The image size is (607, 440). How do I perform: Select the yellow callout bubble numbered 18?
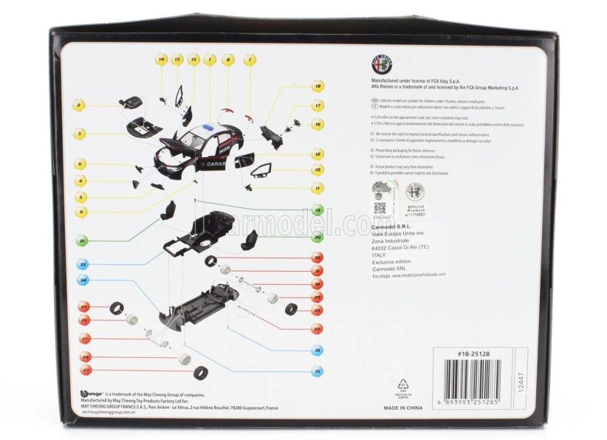click(318, 86)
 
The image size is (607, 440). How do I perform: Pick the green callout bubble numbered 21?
click(83, 241)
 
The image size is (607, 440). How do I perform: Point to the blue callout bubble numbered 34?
click(83, 281)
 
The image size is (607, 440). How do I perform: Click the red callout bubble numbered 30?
click(318, 258)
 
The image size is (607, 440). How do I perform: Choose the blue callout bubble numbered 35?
click(318, 371)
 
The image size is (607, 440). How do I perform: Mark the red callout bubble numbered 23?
click(85, 370)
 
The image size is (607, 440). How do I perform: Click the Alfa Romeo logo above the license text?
click(382, 64)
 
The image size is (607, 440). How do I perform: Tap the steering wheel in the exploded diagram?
click(297, 122)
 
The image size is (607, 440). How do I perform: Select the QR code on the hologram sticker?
click(380, 207)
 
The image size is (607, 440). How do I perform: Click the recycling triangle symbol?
click(403, 384)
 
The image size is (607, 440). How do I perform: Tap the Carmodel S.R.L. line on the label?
click(396, 227)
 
